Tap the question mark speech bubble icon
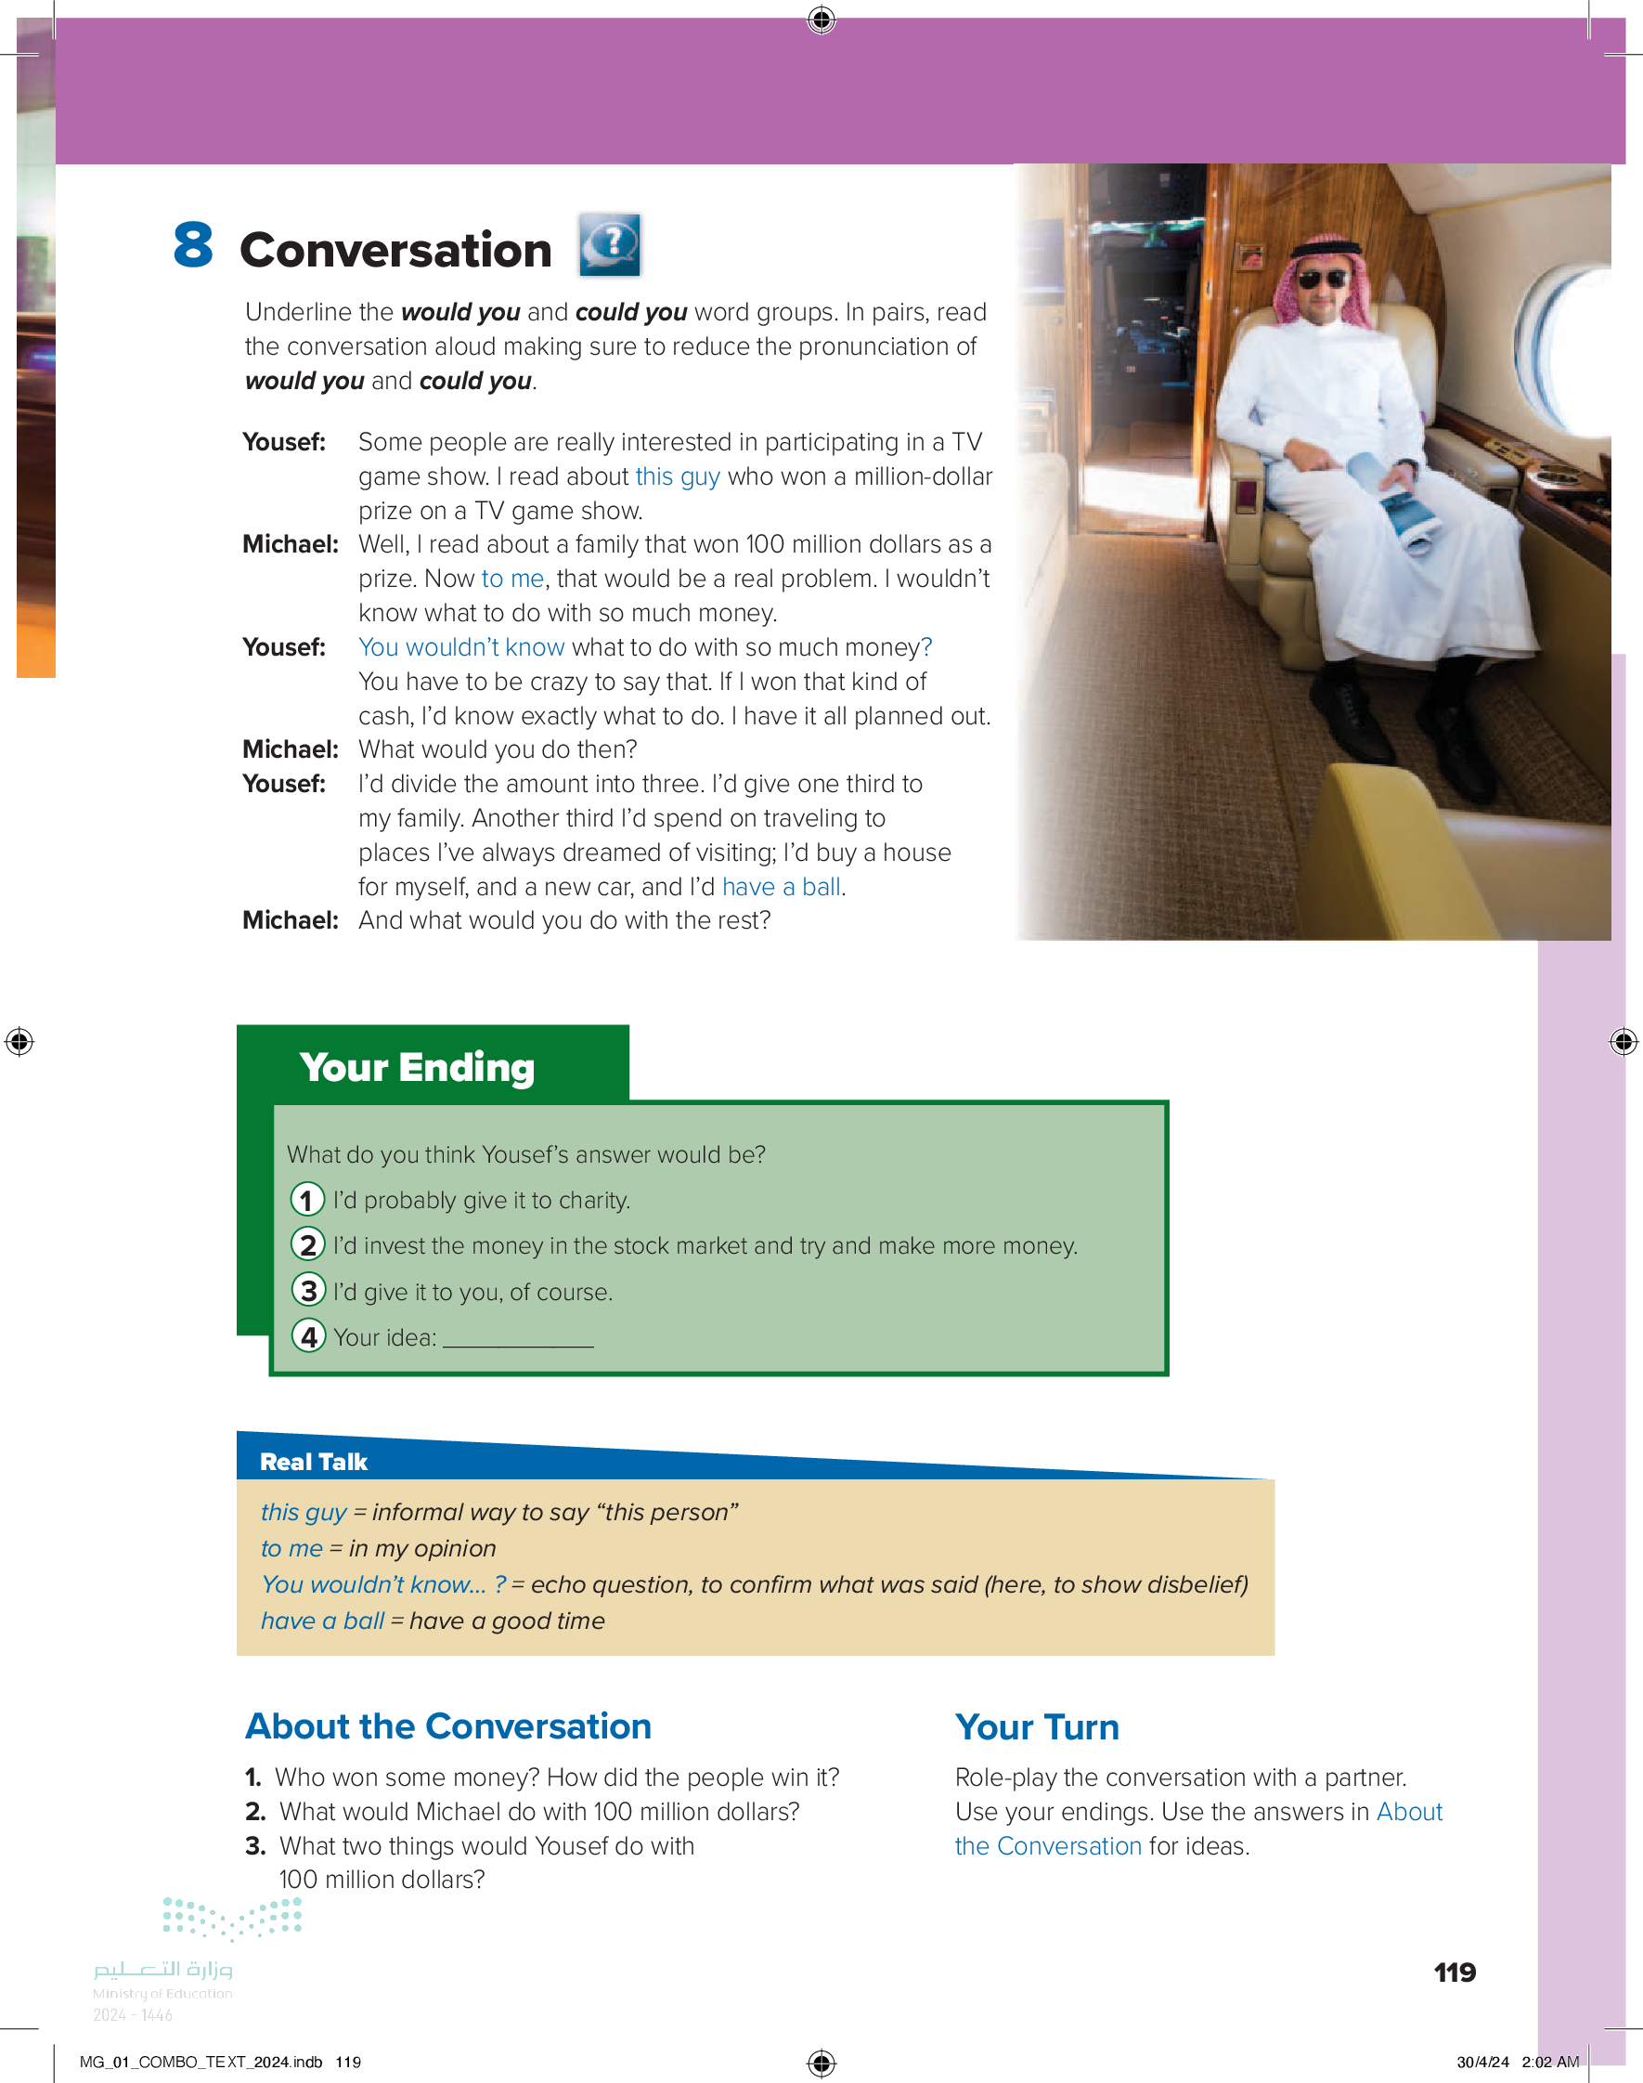pos(610,244)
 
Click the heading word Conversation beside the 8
pos(395,250)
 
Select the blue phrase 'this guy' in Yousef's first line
pos(678,476)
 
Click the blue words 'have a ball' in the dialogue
pos(781,887)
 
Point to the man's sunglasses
pos(1323,280)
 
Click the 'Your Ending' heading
pos(417,1068)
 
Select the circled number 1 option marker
pos(307,1200)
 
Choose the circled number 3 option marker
pos(308,1290)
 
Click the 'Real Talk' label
pos(314,1462)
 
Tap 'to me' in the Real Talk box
pos(291,1548)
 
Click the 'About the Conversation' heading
pos(448,1726)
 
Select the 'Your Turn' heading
pos(1037,1727)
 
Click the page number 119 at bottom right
pos(1455,1972)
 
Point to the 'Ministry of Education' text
pos(162,1994)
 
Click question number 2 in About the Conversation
pos(255,1812)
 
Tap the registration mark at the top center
pos(821,20)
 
